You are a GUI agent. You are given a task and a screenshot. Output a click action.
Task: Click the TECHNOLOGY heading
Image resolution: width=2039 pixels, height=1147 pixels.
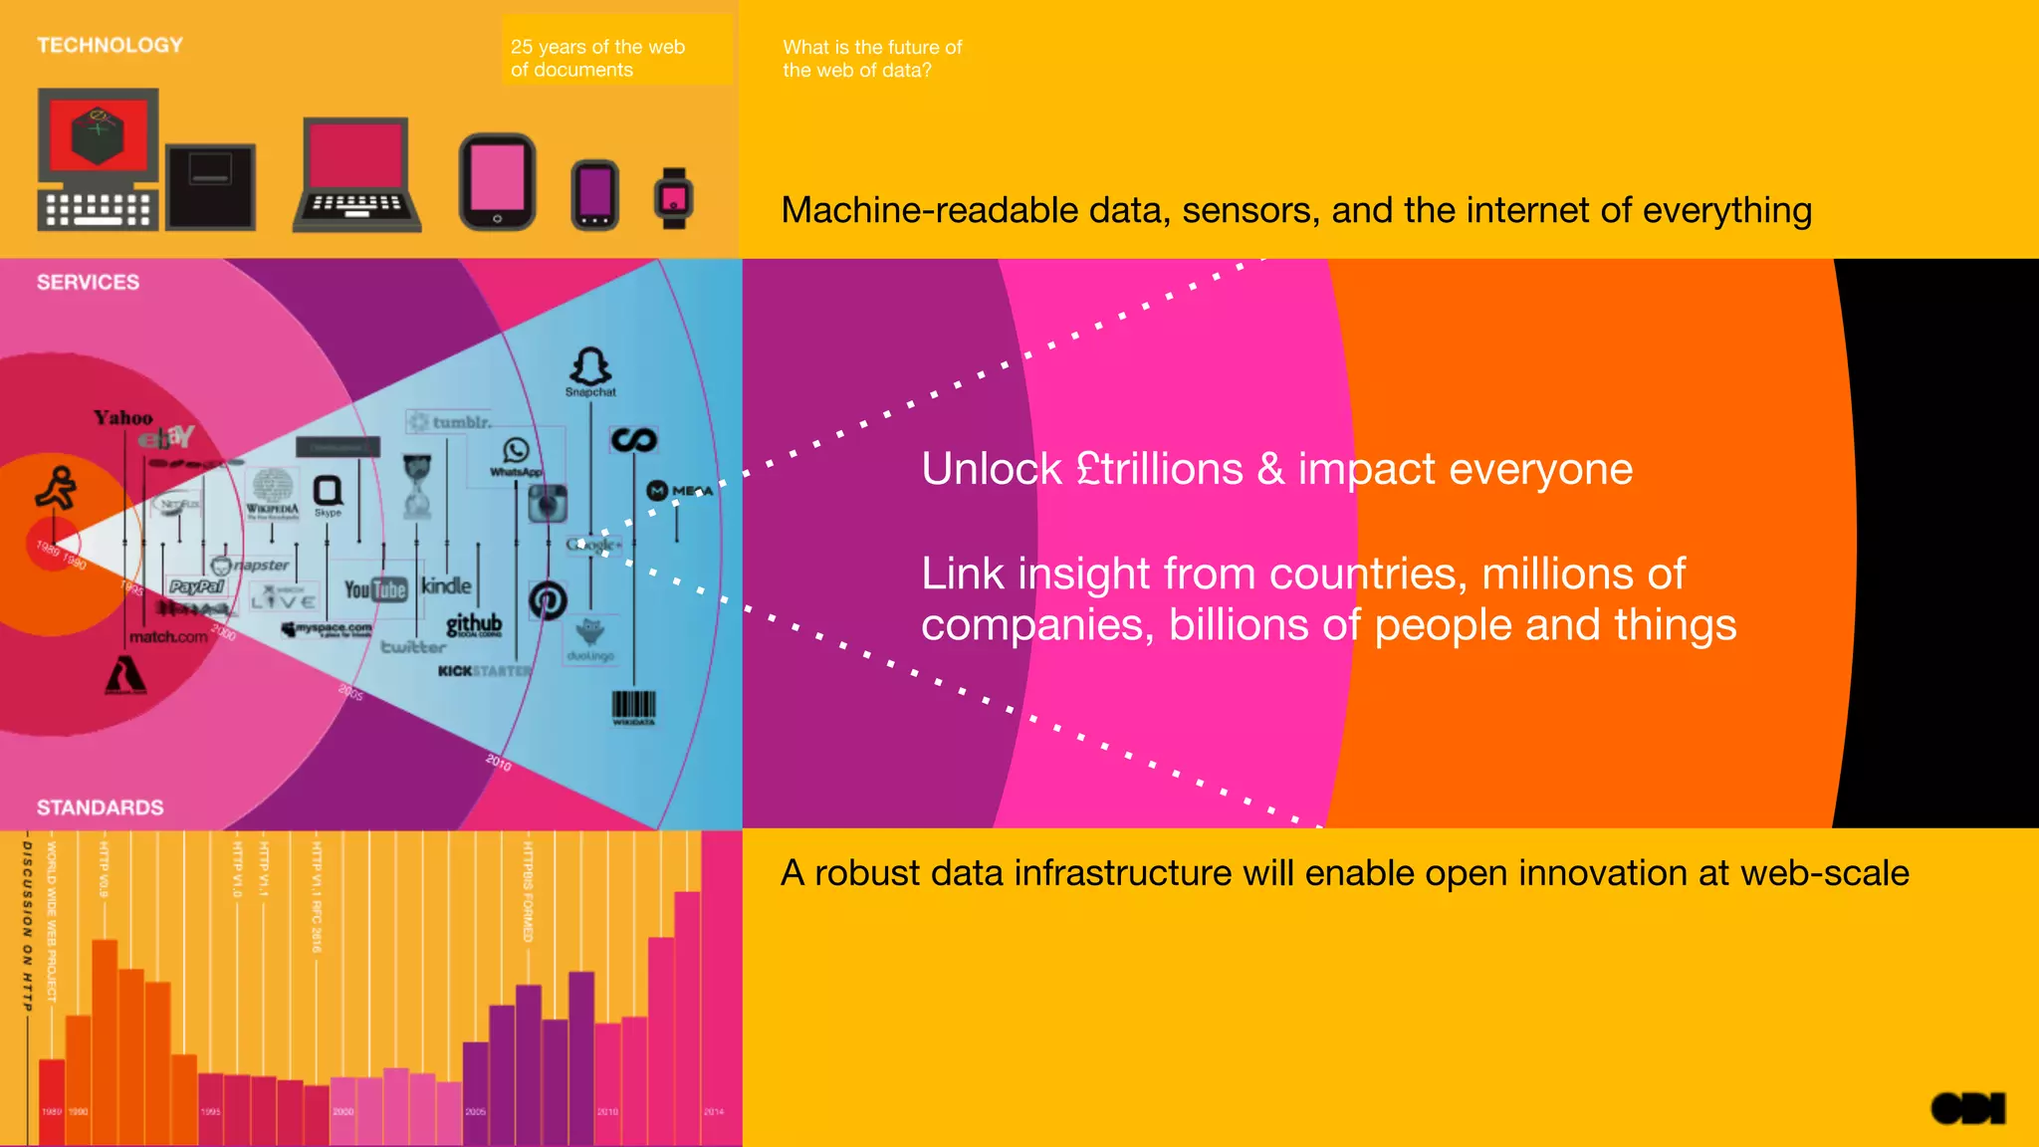coord(110,45)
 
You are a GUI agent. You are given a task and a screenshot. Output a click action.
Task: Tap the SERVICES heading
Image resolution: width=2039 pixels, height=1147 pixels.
coord(88,282)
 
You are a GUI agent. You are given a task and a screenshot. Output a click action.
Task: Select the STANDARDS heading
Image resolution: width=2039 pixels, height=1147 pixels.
coord(100,807)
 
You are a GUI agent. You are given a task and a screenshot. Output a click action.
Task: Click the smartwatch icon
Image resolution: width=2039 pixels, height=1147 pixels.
coord(674,197)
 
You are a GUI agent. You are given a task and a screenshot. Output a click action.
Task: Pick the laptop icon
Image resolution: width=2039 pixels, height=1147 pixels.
coord(356,175)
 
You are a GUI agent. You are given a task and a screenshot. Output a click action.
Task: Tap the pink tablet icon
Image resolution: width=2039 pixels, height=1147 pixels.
coord(497,182)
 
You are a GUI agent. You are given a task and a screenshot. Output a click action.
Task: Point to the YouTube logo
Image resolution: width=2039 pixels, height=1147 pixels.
coord(375,589)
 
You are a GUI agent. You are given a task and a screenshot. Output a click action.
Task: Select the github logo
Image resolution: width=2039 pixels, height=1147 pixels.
coord(474,624)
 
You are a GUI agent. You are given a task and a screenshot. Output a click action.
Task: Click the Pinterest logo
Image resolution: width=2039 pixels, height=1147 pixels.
coord(548,599)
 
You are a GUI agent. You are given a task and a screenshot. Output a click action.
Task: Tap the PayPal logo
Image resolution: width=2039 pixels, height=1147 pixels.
coord(197,586)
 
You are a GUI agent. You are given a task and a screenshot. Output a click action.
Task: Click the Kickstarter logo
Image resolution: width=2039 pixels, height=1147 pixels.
coord(485,671)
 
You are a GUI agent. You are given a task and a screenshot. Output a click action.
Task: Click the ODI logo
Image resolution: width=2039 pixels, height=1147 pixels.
coord(1967,1108)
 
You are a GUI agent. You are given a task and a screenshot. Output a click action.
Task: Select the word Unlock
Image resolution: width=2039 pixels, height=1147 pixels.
coord(992,469)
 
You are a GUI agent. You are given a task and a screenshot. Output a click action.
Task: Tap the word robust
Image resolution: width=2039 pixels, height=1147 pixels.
coord(867,873)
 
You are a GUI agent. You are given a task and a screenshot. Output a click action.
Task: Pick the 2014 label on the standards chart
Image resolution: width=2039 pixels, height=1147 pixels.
coord(714,1111)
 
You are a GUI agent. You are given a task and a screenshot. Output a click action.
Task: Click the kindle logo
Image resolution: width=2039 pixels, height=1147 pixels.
coord(446,585)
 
